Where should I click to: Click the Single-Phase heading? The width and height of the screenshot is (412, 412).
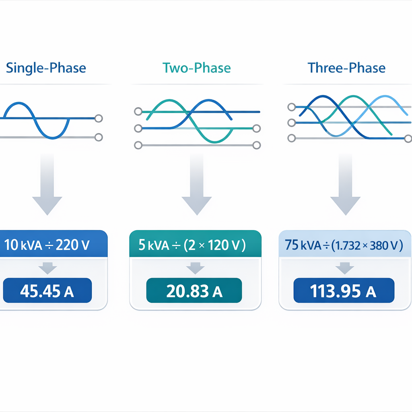tap(46, 68)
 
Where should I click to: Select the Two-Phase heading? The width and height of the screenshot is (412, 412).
tap(197, 68)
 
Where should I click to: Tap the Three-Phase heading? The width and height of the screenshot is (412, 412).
tap(346, 68)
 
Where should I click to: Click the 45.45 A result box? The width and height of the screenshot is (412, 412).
tap(47, 291)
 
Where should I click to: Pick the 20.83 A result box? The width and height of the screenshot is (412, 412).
tap(194, 291)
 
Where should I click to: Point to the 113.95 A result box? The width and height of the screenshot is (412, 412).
tap(344, 291)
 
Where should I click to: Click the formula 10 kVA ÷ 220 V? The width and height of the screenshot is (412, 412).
tap(47, 245)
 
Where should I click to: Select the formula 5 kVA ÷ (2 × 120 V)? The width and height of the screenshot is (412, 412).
tap(192, 245)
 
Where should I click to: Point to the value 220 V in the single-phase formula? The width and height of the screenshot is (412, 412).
tap(74, 245)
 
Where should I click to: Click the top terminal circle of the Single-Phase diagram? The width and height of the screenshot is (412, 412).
tap(98, 118)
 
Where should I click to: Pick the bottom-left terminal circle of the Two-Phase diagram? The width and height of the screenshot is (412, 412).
tap(138, 145)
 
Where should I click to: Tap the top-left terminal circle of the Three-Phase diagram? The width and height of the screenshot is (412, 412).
tap(292, 107)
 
